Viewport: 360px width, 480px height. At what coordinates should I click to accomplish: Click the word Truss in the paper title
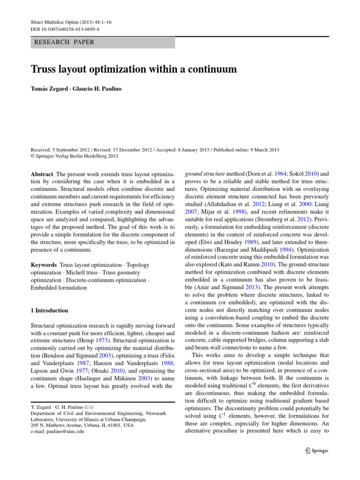pos(45,70)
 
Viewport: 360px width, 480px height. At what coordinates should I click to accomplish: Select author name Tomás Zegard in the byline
pos(48,89)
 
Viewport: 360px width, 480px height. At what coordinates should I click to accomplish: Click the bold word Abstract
pos(42,173)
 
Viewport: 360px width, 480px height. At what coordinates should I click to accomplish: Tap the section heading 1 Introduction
pos(49,310)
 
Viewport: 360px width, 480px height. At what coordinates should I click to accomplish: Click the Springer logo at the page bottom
pos(317,450)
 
